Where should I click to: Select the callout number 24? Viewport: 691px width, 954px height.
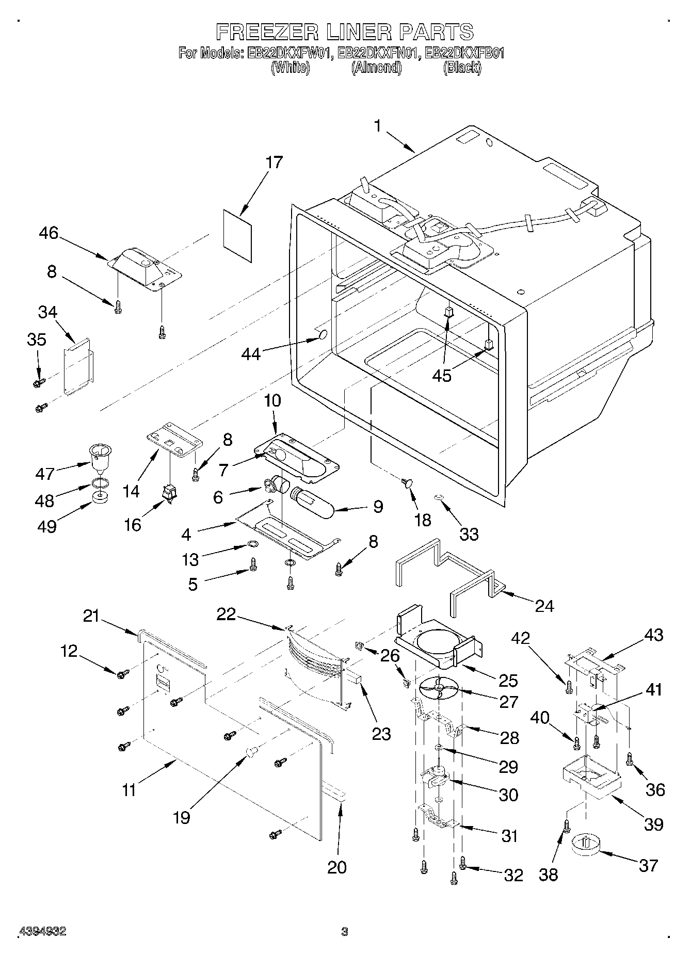coord(544,605)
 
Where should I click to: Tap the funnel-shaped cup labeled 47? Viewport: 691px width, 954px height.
coord(100,457)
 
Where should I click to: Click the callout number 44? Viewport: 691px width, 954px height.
coord(251,354)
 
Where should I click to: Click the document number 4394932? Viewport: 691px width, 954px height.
coord(43,931)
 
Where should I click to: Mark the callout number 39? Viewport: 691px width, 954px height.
coord(653,824)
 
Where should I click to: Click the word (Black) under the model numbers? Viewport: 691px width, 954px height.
coord(462,67)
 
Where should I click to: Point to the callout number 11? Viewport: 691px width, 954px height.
coord(129,789)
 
